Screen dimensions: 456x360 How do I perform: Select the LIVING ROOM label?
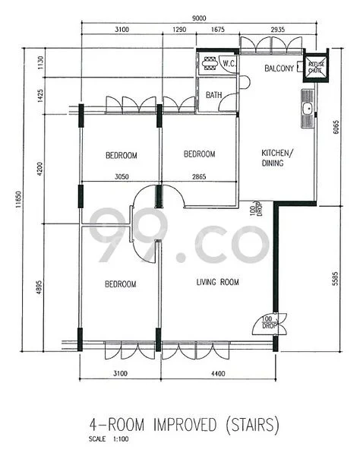point(217,283)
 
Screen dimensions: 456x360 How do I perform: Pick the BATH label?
point(215,96)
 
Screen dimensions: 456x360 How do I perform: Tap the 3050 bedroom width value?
point(121,176)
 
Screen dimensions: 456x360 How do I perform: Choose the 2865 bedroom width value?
point(199,176)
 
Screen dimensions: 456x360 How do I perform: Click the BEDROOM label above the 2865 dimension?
point(199,154)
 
